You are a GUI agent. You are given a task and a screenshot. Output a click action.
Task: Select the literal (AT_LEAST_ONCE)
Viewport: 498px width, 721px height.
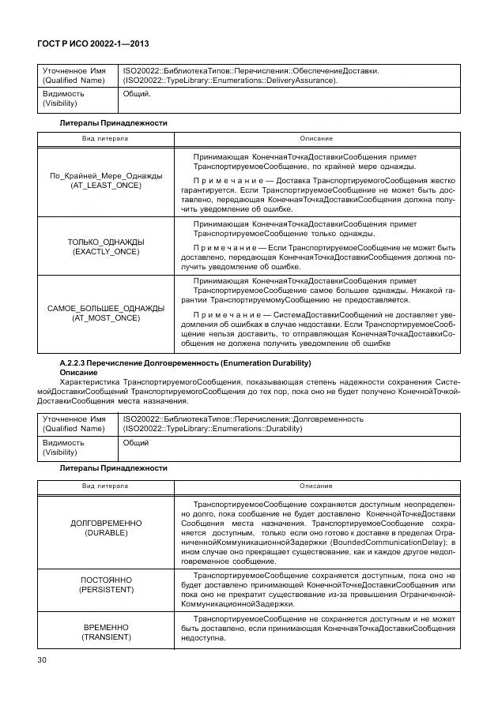tap(106, 185)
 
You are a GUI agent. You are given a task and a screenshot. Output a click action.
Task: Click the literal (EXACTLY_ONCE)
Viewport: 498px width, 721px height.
tap(106, 251)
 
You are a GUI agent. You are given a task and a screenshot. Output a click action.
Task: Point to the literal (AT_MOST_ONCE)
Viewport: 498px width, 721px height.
tap(106, 317)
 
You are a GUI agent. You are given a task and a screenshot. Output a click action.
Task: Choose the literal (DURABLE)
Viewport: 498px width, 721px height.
tap(106, 533)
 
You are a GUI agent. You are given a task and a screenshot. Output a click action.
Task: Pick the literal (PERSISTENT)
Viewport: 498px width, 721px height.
tap(106, 589)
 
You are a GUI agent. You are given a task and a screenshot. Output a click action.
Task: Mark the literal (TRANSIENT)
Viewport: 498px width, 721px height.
tap(106, 637)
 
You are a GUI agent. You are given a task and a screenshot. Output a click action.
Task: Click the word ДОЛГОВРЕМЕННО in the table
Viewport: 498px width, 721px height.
tap(106, 523)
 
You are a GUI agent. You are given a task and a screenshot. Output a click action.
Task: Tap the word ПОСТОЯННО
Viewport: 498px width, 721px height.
tap(106, 579)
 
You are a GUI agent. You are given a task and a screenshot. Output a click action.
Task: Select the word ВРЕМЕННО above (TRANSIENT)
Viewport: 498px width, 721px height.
tap(106, 626)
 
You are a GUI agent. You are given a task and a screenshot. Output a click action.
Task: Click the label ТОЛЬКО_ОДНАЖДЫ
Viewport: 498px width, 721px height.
tap(106, 241)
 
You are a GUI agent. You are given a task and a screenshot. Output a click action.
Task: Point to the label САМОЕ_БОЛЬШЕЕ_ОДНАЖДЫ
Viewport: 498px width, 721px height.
tap(106, 307)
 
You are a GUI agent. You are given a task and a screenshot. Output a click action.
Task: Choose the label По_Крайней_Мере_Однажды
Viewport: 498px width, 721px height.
tap(106, 175)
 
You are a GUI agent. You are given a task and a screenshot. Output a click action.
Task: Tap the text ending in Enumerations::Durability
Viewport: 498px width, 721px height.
tap(213, 428)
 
